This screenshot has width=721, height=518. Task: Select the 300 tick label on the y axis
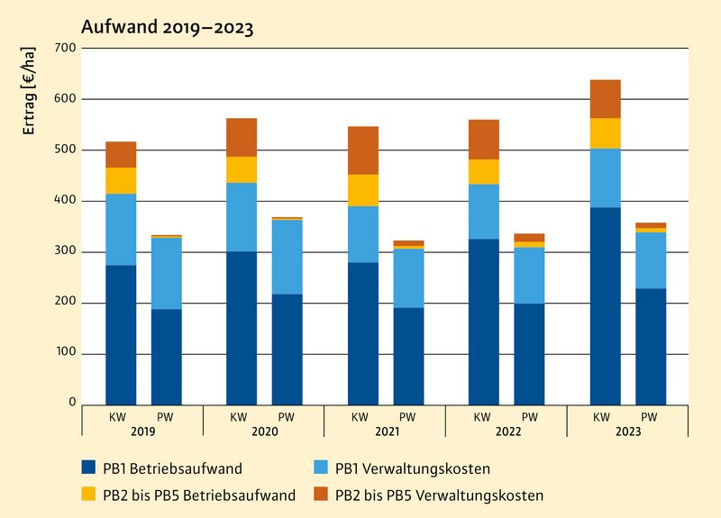tap(64, 251)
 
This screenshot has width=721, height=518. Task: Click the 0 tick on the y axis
tap(71, 404)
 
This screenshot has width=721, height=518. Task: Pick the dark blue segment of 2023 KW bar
tap(606, 306)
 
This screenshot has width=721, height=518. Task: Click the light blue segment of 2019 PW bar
tap(166, 273)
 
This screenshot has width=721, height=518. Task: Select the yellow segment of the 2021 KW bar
tap(363, 190)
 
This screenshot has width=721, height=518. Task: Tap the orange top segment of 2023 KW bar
tap(606, 99)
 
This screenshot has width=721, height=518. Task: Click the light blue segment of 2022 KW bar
tap(484, 212)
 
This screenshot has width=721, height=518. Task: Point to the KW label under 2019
tap(121, 416)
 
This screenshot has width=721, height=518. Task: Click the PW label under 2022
tap(529, 416)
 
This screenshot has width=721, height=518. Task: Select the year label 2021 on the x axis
tap(385, 432)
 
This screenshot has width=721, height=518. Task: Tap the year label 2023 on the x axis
tap(627, 432)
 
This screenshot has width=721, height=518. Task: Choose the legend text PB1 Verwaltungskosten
tap(400, 468)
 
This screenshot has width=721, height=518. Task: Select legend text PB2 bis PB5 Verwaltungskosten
tap(439, 495)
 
